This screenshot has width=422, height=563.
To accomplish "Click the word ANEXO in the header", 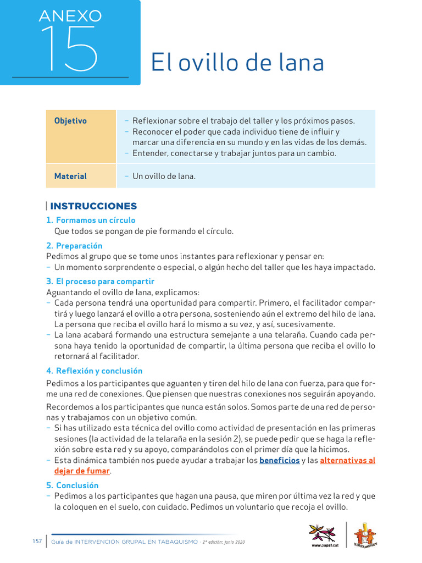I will coord(70,16).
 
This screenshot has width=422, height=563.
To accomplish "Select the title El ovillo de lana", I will coord(237,62).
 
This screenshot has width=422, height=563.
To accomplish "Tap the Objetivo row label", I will coord(70,121).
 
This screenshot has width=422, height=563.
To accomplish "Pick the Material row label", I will coord(70,176).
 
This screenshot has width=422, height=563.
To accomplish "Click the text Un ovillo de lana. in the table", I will coord(164,176).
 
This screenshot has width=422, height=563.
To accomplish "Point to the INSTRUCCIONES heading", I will coord(93,206).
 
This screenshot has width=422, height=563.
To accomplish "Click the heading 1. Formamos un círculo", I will coord(91,220).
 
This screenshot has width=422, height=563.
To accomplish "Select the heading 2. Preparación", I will coord(74,245).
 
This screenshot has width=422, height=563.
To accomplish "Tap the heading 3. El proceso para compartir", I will coord(100,281).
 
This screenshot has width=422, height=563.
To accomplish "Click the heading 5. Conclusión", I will coord(73,485).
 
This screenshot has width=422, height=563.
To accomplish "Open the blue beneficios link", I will coord(280,460).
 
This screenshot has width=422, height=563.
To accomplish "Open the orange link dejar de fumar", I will coord(82,471).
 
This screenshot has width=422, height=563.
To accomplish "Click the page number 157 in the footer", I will coord(37,542).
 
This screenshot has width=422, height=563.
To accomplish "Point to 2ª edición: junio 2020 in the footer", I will coord(224,542).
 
